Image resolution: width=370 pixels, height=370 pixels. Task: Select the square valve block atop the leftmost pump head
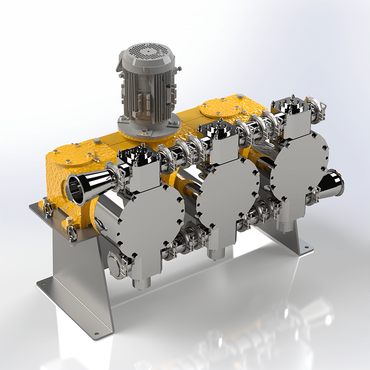click(x=139, y=172)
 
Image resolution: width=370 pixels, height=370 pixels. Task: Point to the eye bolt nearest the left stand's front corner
click(x=71, y=233)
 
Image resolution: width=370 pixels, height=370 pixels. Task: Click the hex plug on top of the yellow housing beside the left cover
click(x=96, y=141)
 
